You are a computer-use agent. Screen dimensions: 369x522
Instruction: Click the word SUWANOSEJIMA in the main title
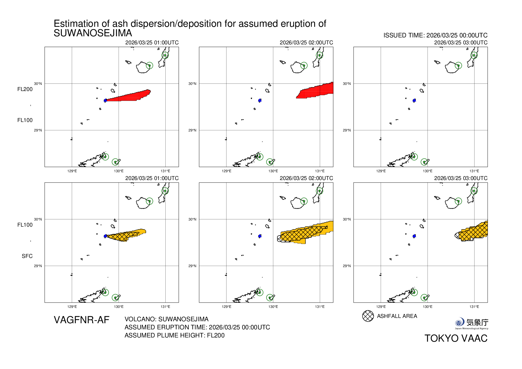(x=93, y=33)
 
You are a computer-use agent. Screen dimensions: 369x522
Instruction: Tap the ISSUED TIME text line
(x=435, y=35)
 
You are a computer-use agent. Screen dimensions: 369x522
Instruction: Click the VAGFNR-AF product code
(x=82, y=320)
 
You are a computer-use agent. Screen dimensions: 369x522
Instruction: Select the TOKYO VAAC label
(x=456, y=338)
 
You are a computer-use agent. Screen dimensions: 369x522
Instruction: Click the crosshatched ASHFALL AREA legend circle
(x=368, y=316)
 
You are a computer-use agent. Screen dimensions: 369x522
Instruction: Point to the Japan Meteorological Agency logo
(x=471, y=323)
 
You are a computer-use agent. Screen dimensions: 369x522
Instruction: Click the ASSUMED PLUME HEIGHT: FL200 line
(x=174, y=335)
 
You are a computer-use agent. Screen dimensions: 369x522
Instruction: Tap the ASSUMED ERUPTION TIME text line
(x=197, y=327)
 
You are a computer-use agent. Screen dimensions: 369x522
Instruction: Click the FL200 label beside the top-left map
(x=25, y=89)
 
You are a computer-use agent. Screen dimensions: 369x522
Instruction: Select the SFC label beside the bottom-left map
(x=27, y=256)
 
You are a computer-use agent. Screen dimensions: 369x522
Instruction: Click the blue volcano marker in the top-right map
(x=414, y=100)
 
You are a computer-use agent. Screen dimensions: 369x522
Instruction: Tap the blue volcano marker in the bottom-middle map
(x=260, y=236)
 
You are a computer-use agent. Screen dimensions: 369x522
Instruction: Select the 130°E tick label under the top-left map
(x=119, y=171)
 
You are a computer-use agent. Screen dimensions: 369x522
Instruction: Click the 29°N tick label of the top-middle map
(x=192, y=130)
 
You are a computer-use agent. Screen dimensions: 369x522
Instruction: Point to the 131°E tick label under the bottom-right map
(x=474, y=306)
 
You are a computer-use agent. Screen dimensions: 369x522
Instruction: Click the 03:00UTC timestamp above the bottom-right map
(x=461, y=178)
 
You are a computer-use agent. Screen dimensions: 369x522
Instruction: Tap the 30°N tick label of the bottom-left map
(x=38, y=219)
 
